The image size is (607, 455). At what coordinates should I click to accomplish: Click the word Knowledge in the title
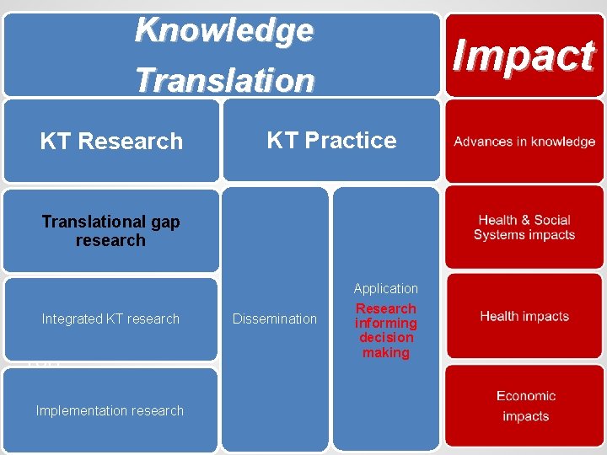point(224,30)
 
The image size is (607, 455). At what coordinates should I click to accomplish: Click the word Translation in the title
point(224,80)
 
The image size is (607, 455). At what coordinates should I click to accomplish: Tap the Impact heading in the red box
point(524,56)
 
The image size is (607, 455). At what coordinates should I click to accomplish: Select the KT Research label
point(111,142)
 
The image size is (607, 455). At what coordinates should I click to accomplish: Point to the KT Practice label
point(331,140)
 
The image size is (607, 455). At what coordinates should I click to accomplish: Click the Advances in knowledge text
point(524,142)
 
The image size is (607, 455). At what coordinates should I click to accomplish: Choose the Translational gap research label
point(110,231)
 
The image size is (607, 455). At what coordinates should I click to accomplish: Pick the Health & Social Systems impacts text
point(524,227)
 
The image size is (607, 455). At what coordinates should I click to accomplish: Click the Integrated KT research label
point(110,318)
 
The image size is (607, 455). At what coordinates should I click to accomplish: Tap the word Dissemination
point(275,318)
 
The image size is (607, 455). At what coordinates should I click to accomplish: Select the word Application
point(386,289)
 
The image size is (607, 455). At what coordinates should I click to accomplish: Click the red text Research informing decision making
point(386,330)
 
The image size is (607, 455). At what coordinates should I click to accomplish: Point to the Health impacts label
point(524,317)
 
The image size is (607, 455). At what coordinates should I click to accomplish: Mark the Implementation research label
point(110,410)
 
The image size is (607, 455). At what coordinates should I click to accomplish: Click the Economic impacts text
point(525,405)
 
